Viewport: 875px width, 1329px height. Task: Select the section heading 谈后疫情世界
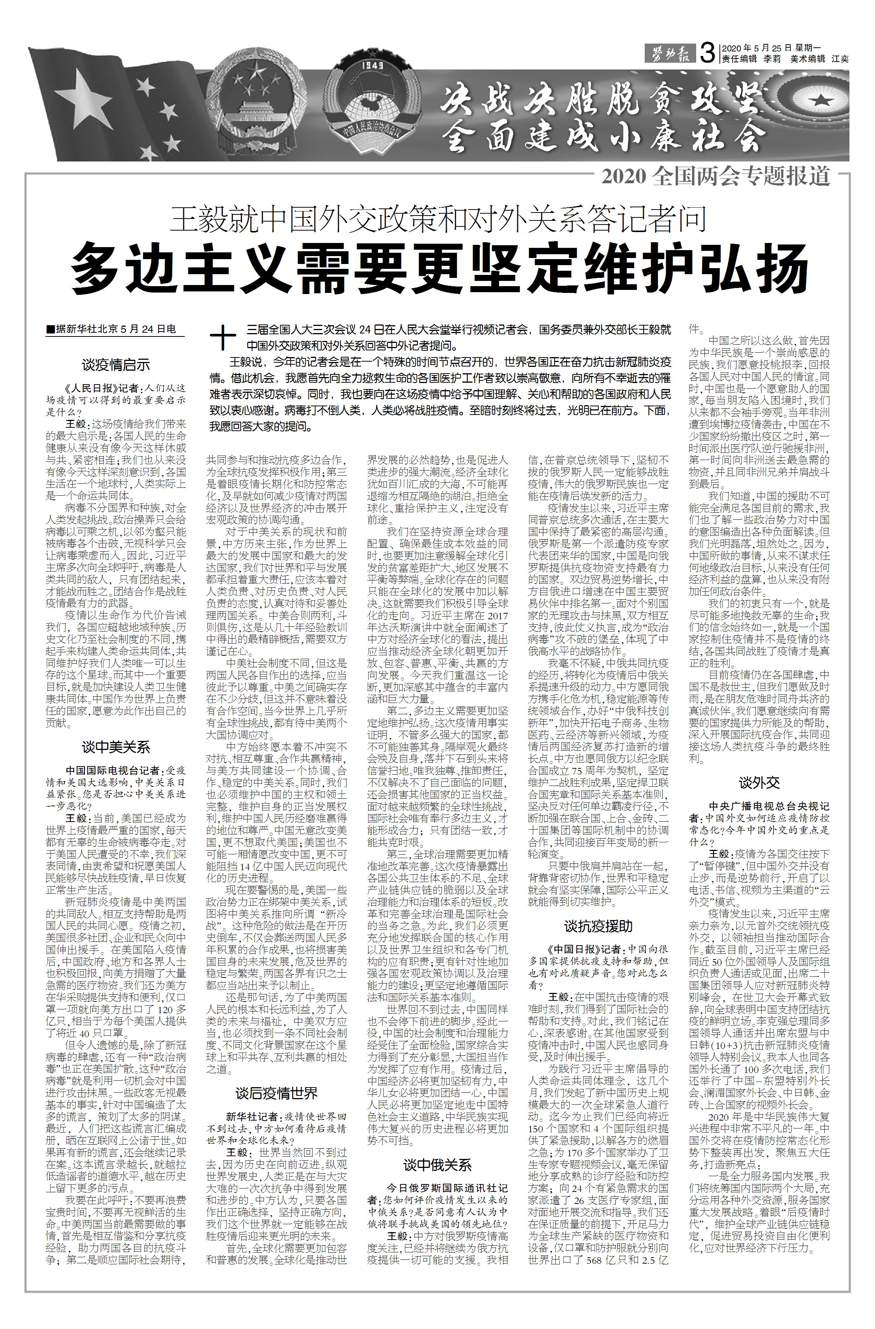pos(276,1093)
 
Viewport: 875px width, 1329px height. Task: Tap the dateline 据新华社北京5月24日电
pos(112,329)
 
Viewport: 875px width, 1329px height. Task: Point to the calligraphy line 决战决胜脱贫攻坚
pos(601,102)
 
